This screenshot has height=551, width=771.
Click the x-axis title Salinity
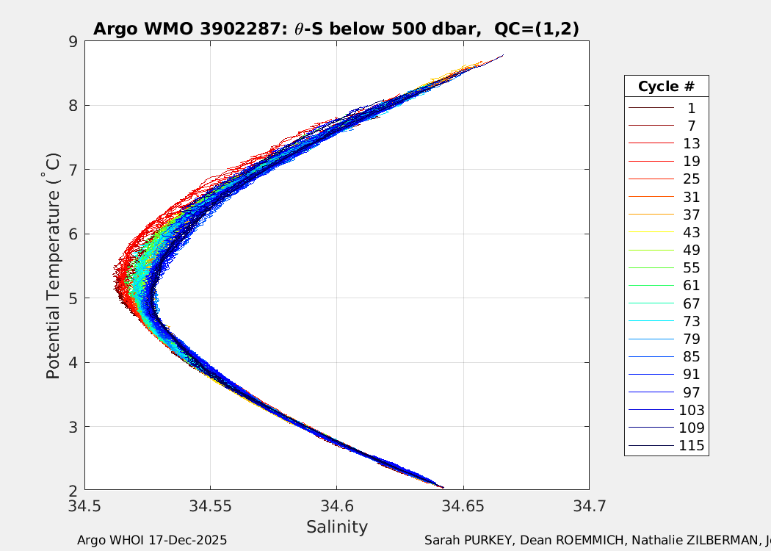(337, 527)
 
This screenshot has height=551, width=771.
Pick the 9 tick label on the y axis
(73, 41)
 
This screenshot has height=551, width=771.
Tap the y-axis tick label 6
(73, 234)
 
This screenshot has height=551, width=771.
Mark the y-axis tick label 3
(73, 426)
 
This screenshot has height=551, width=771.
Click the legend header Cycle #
(666, 86)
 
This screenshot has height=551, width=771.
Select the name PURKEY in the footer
(490, 540)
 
